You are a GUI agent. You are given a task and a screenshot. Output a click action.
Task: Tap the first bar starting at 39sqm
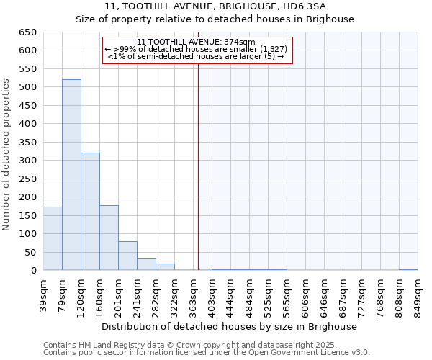(53, 238)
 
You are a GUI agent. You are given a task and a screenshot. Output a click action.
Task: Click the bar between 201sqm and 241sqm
(127, 256)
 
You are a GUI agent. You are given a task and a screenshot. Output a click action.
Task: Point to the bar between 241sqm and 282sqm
(146, 264)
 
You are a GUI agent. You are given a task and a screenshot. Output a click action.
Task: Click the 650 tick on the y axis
(28, 32)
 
